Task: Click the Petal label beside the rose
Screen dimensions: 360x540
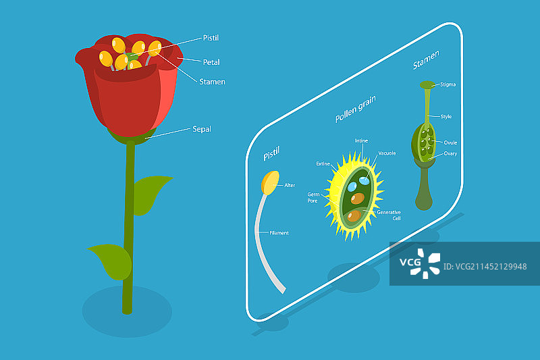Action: pos(211,62)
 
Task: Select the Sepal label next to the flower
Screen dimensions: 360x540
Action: pos(202,128)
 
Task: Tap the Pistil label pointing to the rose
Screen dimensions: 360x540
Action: pos(211,38)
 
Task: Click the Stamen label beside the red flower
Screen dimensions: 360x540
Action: pos(212,82)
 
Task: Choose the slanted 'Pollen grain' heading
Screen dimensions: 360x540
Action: pos(355,109)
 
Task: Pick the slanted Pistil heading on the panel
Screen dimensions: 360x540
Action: pos(271,153)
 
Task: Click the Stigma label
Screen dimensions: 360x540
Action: pos(448,85)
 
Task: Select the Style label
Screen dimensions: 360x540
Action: pos(446,117)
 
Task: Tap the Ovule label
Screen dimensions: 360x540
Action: pos(450,143)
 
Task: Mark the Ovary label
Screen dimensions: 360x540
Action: pos(450,153)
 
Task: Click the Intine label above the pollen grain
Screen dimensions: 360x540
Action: pos(361,141)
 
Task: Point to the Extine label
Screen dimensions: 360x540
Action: pos(323,163)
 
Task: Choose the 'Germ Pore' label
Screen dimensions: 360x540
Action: pos(313,197)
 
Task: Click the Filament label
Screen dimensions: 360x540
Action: pos(279,233)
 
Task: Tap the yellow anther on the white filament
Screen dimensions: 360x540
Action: pos(270,182)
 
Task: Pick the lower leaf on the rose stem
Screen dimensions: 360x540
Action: pos(110,261)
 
